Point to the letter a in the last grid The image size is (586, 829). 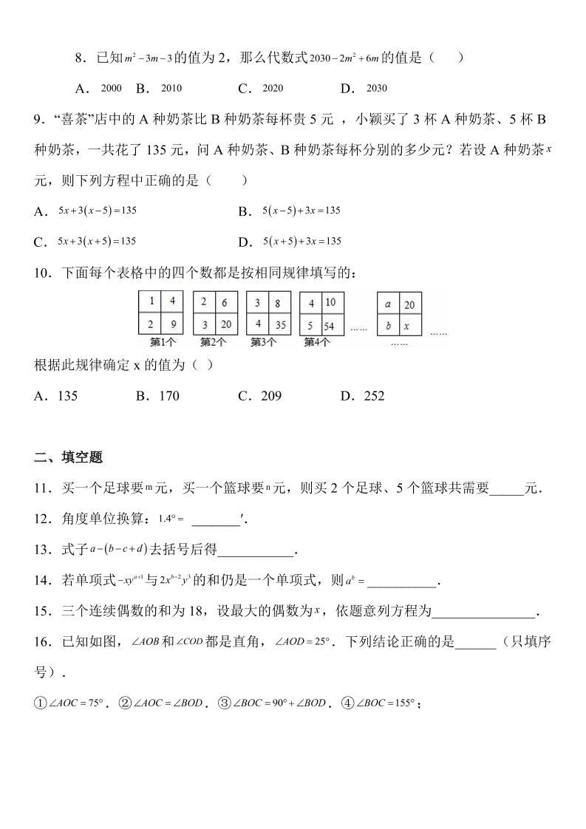[x=388, y=304]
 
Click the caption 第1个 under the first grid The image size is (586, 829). [x=162, y=342]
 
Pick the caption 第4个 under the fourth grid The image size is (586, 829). [x=317, y=342]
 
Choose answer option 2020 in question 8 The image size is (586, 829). [x=273, y=89]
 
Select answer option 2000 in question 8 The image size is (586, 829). [x=111, y=89]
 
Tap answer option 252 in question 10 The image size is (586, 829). [x=374, y=396]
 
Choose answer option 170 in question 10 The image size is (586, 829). [x=168, y=396]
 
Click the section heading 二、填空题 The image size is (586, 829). [x=68, y=457]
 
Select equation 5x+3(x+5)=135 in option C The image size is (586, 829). [x=97, y=242]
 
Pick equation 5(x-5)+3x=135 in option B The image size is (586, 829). [x=301, y=211]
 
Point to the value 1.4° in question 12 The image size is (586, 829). [x=169, y=519]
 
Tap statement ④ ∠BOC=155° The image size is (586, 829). [x=386, y=703]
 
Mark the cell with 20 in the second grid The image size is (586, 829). [x=225, y=325]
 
